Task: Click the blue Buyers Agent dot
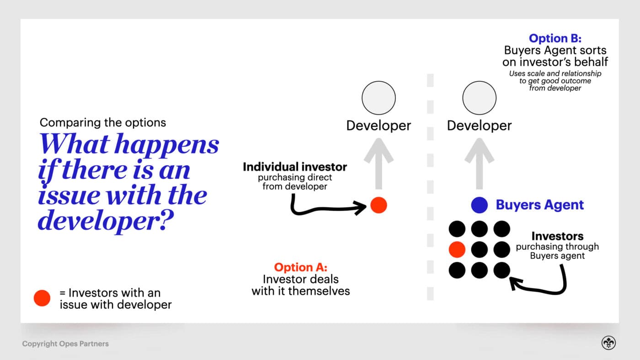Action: pos(480,205)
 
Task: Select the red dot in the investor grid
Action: pos(457,249)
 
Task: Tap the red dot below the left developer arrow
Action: pos(379,205)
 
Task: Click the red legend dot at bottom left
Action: pos(42,298)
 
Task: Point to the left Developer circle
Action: pos(379,98)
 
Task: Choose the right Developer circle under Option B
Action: pos(479,98)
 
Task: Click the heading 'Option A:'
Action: pos(300,267)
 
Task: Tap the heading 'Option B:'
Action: pos(555,38)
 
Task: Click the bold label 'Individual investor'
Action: pos(295,167)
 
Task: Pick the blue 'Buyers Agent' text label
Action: pos(540,205)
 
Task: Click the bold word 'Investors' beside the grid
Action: pos(557,236)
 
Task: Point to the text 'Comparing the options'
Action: pos(103,122)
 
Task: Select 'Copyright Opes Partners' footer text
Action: pos(65,344)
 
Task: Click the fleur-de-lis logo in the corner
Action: pos(608,343)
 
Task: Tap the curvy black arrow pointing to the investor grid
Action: pos(544,283)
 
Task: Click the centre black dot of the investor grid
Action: pos(479,249)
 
